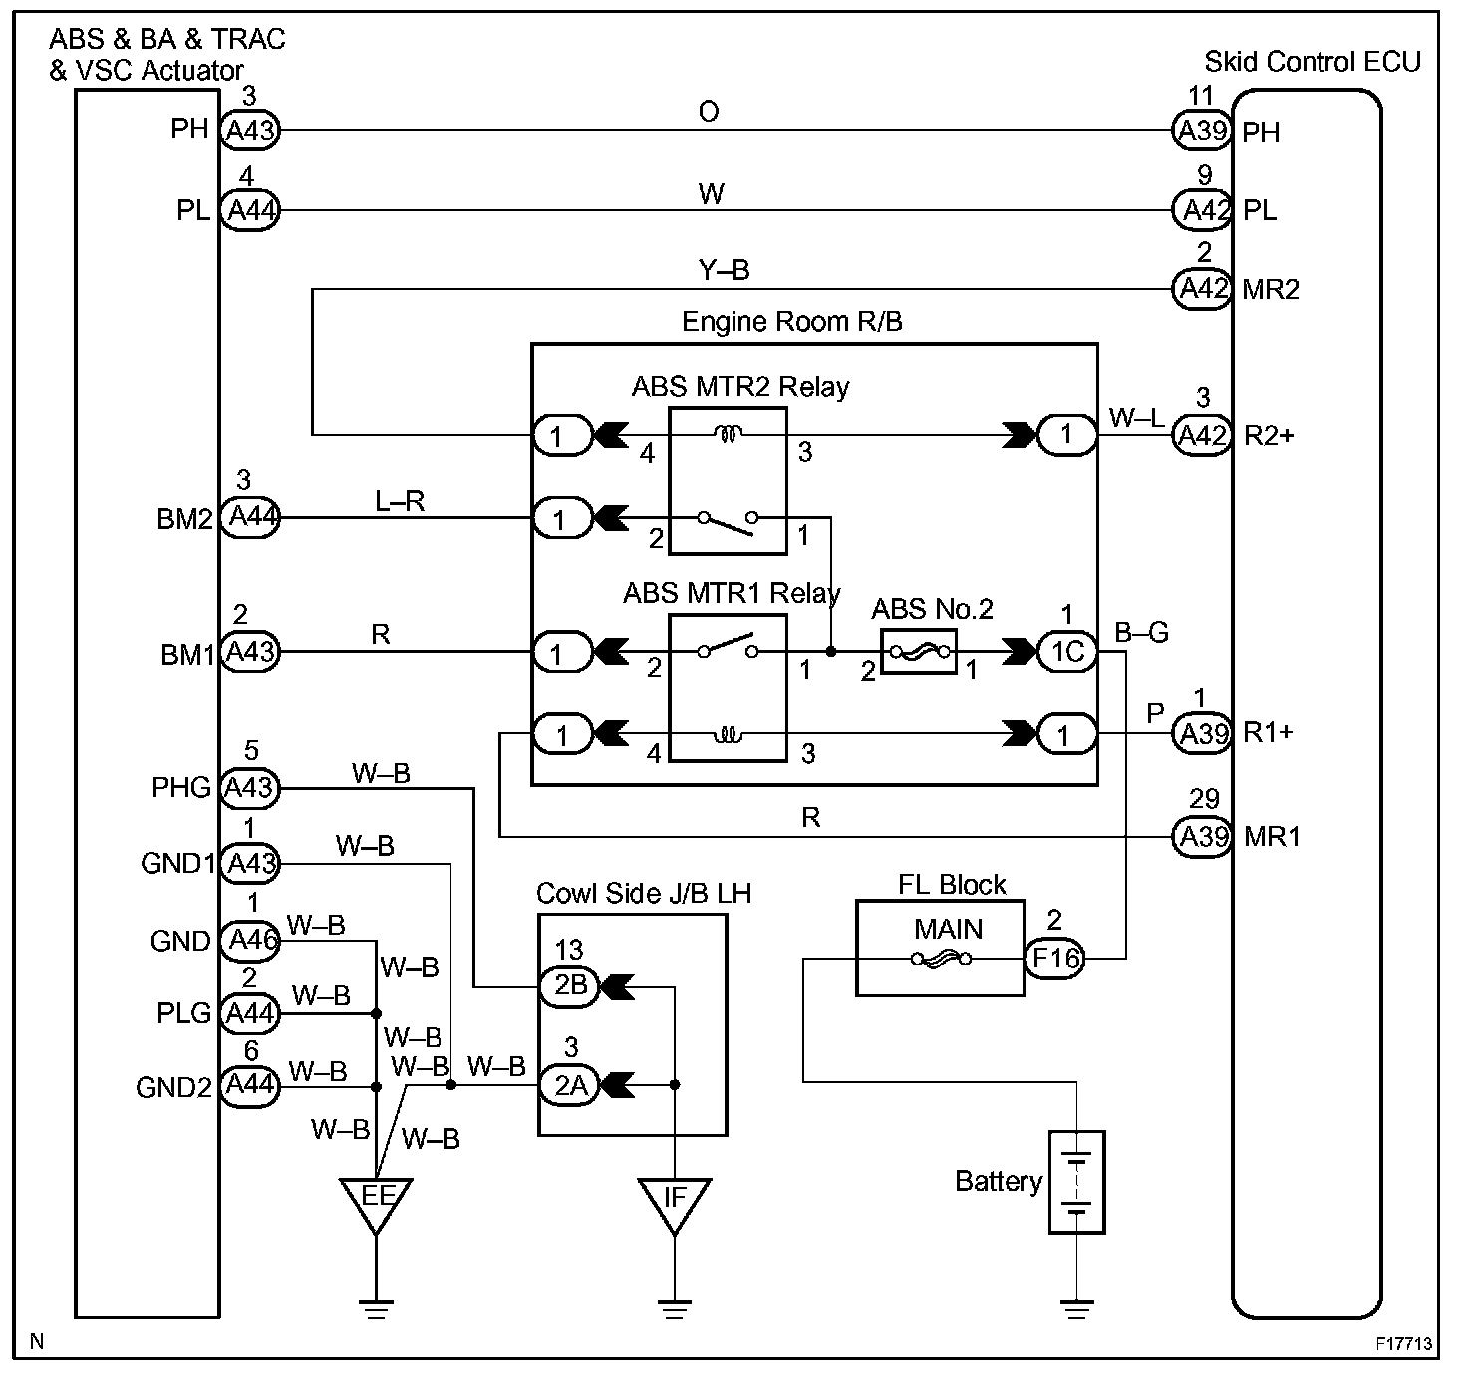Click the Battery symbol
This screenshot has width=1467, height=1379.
[x=1077, y=1182]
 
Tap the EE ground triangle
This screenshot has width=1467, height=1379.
[x=376, y=1200]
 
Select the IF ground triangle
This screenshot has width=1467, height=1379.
[x=675, y=1200]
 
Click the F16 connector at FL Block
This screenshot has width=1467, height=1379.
[x=1055, y=959]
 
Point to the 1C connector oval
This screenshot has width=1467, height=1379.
[x=1067, y=652]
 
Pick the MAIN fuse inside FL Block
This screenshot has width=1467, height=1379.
[x=942, y=960]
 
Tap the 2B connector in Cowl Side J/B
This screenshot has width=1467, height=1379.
[x=570, y=986]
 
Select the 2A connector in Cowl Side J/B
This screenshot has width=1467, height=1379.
[x=570, y=1085]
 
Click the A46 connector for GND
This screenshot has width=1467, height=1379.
[x=249, y=940]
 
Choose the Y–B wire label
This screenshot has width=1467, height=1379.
[x=724, y=270]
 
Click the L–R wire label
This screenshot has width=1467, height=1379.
[x=400, y=502]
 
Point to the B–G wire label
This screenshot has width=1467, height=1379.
[x=1141, y=632]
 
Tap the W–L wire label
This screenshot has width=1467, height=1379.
[x=1136, y=417]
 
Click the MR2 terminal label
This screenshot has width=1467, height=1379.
[x=1271, y=290]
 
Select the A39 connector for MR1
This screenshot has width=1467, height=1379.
[x=1203, y=837]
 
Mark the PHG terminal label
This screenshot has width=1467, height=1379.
[x=181, y=789]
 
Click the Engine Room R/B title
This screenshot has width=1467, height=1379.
[x=792, y=322]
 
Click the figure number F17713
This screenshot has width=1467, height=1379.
[x=1404, y=1344]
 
